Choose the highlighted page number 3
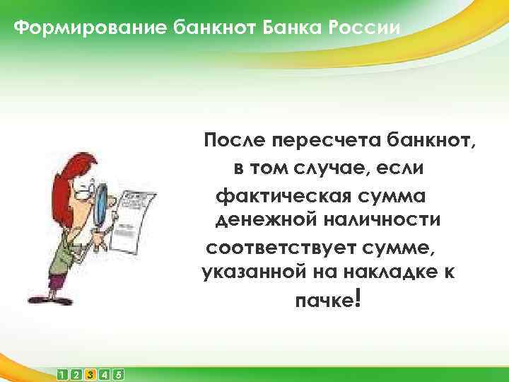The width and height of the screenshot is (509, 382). pos(90,374)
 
